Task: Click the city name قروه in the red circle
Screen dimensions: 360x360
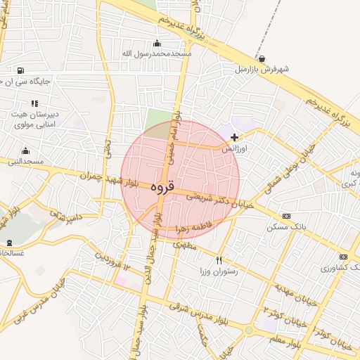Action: [161, 188]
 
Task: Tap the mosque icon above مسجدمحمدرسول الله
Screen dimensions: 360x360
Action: [156, 43]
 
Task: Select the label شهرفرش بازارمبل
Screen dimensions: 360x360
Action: [262, 70]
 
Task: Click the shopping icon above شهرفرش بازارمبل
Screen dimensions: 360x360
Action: [262, 59]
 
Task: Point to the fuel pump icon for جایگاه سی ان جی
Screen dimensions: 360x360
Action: [20, 70]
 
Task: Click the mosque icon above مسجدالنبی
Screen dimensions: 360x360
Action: [25, 150]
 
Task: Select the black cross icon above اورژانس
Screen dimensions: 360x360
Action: [234, 137]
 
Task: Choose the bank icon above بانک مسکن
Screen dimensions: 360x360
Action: [285, 216]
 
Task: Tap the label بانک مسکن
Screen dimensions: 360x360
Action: [282, 228]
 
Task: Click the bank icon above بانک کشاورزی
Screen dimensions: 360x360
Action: [343, 257]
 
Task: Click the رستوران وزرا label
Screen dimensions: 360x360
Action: [218, 271]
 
